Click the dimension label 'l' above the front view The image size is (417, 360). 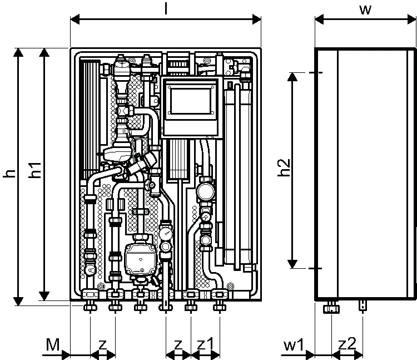166,8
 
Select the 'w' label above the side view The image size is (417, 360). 365,10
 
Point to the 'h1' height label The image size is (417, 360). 35,170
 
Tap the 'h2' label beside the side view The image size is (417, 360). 284,167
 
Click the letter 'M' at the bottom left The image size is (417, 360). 53,344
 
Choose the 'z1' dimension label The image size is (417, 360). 205,344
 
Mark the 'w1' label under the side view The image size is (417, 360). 294,345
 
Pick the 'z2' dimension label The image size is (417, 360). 348,344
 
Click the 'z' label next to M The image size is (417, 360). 103,345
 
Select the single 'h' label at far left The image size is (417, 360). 9,174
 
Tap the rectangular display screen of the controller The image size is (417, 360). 190,101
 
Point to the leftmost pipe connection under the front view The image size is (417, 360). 90,307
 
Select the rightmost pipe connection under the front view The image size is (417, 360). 220,307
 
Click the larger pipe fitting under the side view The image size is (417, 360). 331,308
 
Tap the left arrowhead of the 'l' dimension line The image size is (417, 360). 75,19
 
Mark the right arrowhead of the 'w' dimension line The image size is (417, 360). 411,19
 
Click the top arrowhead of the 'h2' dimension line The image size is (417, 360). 292,77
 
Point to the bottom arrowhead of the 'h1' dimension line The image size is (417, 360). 44,296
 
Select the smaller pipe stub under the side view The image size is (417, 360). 363,305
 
